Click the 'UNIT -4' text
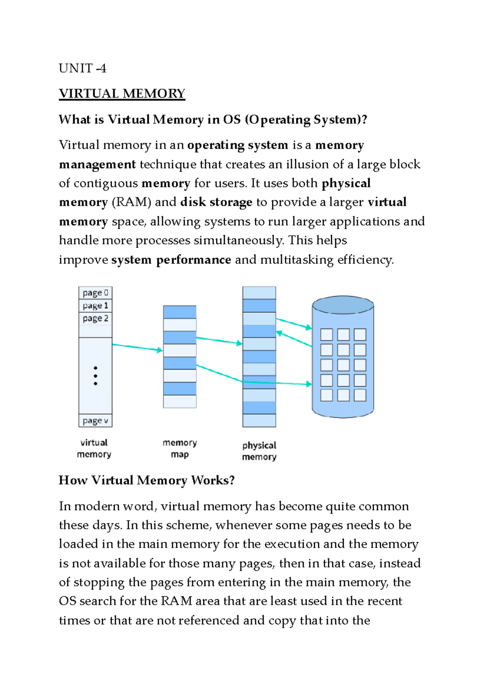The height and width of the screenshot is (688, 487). coord(82,68)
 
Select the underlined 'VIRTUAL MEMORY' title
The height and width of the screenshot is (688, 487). coord(122,94)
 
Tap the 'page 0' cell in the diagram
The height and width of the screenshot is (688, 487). coord(95,293)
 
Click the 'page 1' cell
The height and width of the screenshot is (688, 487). coord(95,305)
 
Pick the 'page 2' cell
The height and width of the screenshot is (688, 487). coord(95,318)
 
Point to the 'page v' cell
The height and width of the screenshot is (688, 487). coord(95,421)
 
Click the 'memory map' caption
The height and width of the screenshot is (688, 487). coord(180,448)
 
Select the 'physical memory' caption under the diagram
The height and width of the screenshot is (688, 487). coord(259,451)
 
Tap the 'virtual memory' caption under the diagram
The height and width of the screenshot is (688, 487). coord(94,448)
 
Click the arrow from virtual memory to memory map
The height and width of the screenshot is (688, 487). coord(137,347)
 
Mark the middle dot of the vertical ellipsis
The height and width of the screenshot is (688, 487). coord(95,376)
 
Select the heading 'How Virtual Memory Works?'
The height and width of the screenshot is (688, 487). coord(147,480)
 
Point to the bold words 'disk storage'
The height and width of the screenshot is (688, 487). coord(216,202)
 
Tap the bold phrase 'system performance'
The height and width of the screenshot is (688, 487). coord(171,260)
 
